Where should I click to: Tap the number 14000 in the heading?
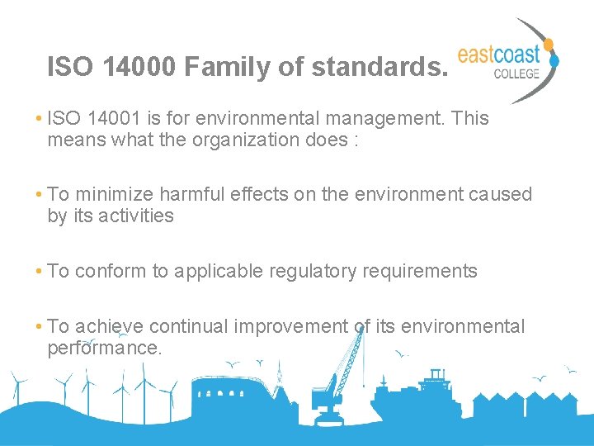[141, 67]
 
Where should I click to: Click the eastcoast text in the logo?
[498, 55]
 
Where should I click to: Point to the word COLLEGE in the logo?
[516, 74]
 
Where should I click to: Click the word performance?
[104, 348]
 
